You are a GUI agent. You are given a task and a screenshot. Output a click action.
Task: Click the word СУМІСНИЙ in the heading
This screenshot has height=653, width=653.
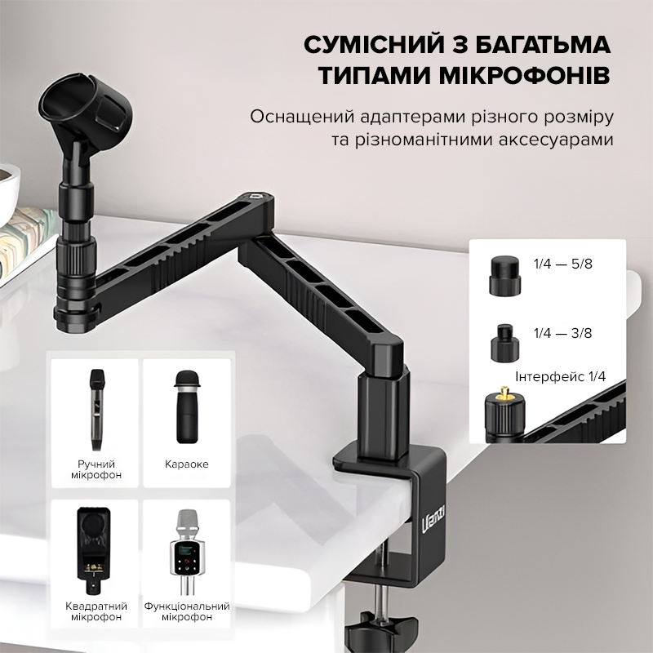coord(374,45)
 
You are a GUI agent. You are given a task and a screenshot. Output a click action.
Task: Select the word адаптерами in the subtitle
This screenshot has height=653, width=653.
coord(414,117)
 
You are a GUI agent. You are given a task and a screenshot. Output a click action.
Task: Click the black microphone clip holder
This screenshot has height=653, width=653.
coord(86,106)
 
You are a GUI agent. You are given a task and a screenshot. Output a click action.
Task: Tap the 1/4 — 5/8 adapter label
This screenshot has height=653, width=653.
coord(562,264)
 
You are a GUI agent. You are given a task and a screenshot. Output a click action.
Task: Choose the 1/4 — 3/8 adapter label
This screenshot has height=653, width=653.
coord(562,333)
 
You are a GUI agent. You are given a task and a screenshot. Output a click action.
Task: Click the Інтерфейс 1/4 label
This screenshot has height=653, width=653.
coord(560,376)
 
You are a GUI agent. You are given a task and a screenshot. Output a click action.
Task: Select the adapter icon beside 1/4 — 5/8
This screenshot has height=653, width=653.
coord(504,276)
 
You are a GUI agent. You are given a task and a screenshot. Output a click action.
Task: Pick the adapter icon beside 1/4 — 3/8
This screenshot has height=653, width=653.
coord(504,343)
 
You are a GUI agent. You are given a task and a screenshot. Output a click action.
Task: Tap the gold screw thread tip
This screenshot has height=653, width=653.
coord(504,392)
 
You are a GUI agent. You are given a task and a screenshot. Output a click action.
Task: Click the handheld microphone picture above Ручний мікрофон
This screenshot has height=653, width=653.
coord(96,410)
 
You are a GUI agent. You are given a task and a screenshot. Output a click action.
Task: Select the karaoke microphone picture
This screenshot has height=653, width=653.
coord(187,406)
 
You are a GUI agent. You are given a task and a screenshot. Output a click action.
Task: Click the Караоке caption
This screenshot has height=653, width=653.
coord(187,464)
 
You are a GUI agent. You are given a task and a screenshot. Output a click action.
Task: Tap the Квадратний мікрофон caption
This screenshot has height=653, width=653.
coord(96,611)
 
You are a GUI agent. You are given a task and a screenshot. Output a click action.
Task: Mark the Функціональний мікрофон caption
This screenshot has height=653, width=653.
coord(187,611)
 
